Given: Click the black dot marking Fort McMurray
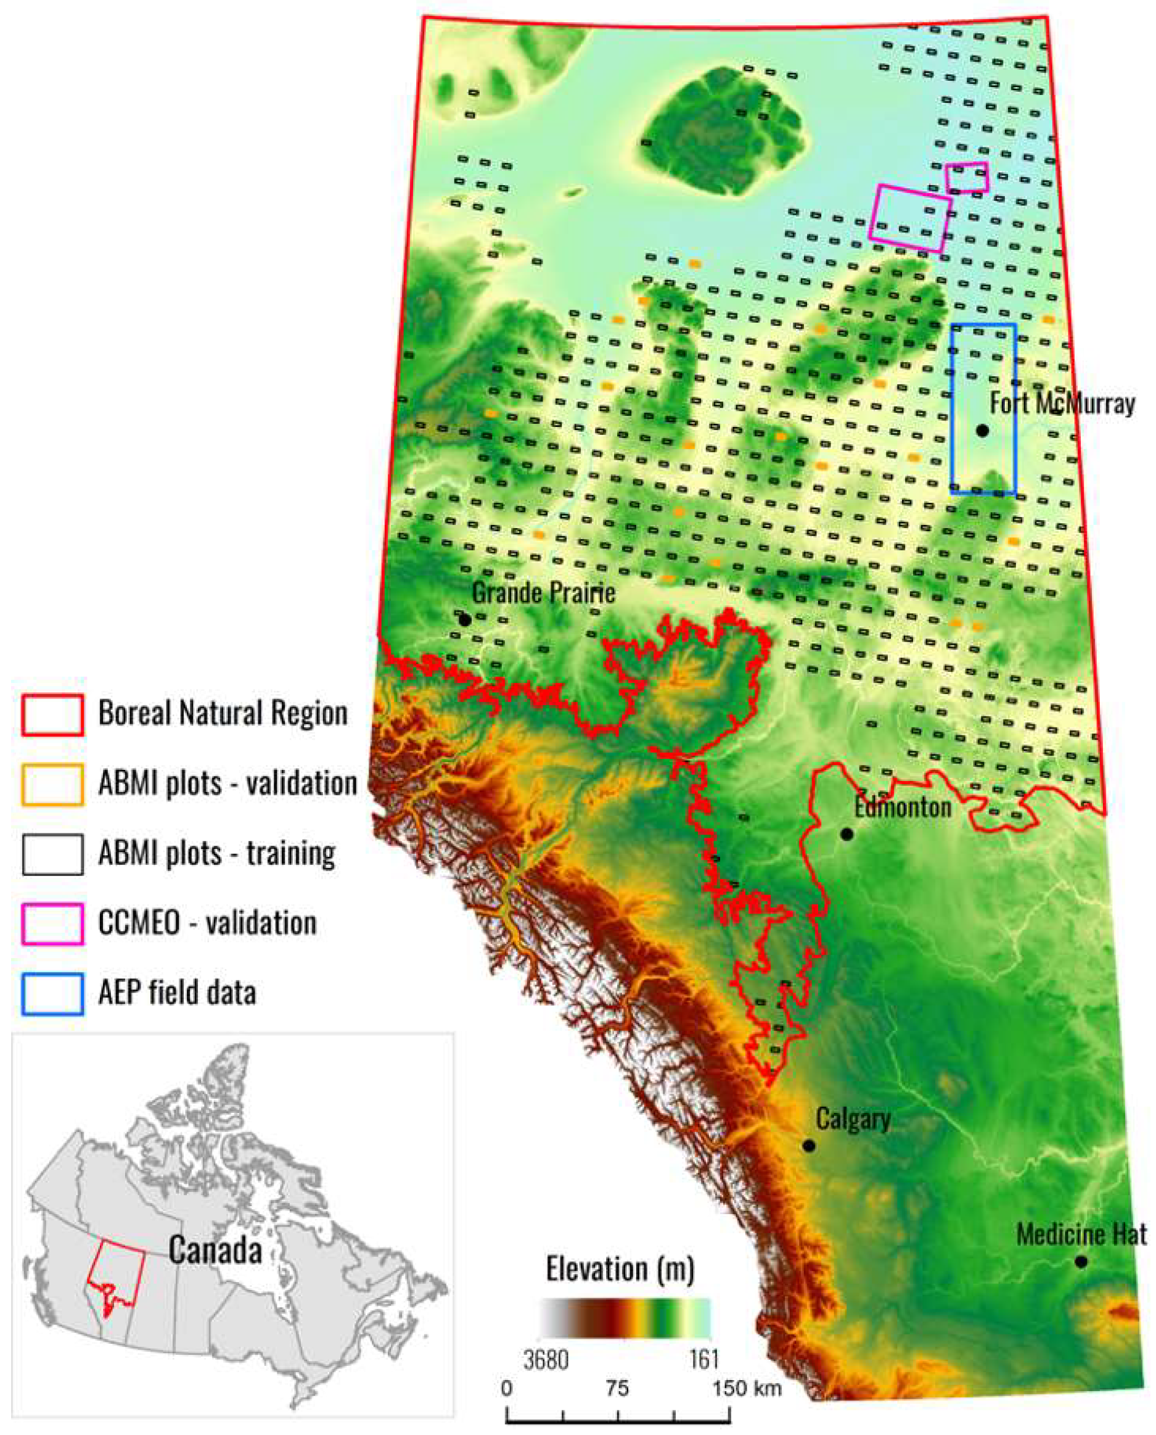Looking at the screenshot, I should pyautogui.click(x=982, y=431).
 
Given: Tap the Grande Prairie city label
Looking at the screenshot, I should pyautogui.click(x=543, y=592).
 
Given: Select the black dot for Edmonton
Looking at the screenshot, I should pyautogui.click(x=847, y=834).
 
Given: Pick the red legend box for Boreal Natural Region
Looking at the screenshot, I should pyautogui.click(x=52, y=715).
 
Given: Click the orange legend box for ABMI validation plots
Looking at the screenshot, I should pyautogui.click(x=52, y=784).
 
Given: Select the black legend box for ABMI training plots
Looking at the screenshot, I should pyautogui.click(x=52, y=854).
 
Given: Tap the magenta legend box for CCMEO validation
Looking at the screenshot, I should pyautogui.click(x=52, y=924).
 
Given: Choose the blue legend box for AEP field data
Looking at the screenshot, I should pyautogui.click(x=52, y=993).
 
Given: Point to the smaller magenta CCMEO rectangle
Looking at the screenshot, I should pyautogui.click(x=967, y=177).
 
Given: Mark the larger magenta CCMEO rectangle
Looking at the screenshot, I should pyautogui.click(x=909, y=218).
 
